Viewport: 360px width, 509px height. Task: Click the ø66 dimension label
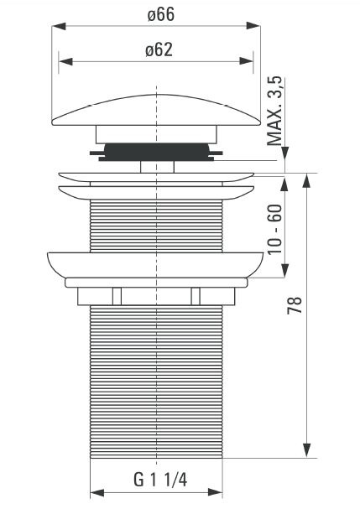pyautogui.click(x=160, y=14)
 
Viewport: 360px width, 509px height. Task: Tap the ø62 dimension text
pyautogui.click(x=159, y=50)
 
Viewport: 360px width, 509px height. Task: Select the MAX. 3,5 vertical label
pyautogui.click(x=275, y=111)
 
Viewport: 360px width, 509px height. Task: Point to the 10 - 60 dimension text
pyautogui.click(x=275, y=229)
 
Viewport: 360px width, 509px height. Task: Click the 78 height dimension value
pyautogui.click(x=295, y=305)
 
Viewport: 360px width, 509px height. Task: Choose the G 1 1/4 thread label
pyautogui.click(x=160, y=480)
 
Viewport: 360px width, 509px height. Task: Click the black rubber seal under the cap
pyautogui.click(x=156, y=152)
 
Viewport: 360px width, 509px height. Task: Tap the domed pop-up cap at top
pyautogui.click(x=156, y=110)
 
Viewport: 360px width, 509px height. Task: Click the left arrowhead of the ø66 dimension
pyautogui.click(x=59, y=26)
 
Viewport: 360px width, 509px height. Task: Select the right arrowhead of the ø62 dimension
pyautogui.click(x=246, y=60)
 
